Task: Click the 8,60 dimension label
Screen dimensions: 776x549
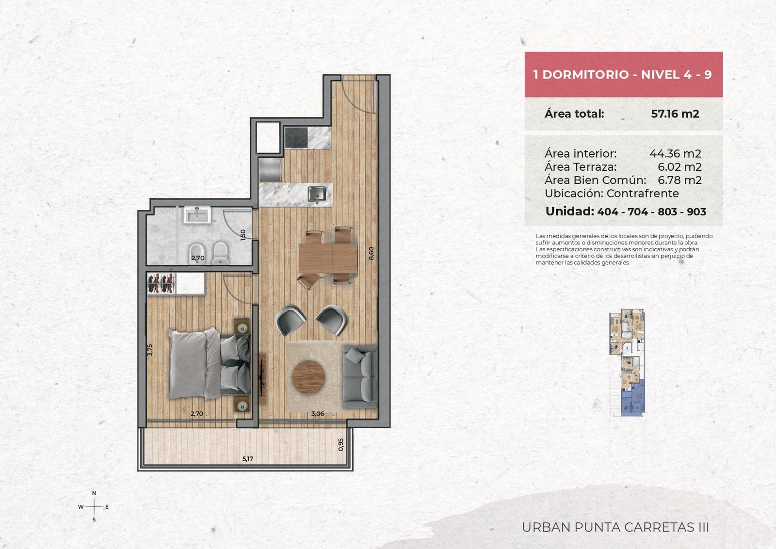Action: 372,253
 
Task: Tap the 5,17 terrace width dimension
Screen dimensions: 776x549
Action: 248,459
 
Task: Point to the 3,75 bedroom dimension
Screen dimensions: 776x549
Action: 150,350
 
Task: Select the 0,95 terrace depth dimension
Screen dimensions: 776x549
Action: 341,445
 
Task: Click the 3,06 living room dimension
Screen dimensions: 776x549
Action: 318,414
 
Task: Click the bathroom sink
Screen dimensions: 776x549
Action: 197,215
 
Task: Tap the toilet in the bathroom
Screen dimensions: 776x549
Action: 220,253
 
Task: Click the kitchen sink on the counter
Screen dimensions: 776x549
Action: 317,194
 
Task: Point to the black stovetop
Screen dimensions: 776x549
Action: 296,137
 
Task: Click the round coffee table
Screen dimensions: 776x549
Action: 308,377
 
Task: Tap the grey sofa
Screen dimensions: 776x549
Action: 360,377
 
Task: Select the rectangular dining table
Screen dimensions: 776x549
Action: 328,258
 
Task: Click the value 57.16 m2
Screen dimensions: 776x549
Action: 675,113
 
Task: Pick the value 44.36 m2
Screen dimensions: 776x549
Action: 675,153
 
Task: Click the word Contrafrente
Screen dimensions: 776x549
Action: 643,194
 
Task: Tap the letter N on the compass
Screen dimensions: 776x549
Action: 94,493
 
